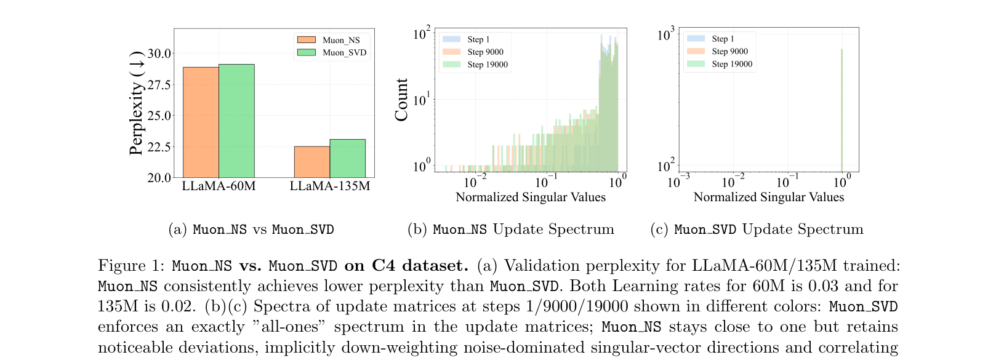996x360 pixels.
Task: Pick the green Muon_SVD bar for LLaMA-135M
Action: click(348, 158)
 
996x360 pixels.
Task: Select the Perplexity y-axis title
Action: click(136, 103)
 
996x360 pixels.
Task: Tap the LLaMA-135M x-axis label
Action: click(330, 186)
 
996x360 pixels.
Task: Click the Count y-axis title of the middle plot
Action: click(402, 100)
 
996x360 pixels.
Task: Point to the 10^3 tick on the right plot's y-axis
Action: click(665, 34)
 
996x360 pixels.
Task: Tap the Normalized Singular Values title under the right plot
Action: click(768, 198)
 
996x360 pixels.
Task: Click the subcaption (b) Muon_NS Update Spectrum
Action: click(510, 230)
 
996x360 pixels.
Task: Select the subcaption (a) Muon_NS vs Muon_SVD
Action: click(251, 230)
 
